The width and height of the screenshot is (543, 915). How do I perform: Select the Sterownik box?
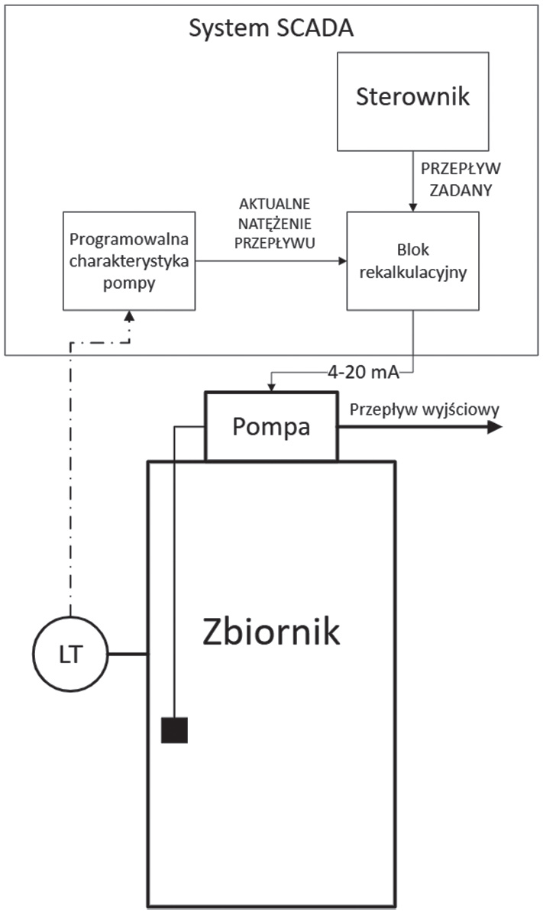(413, 99)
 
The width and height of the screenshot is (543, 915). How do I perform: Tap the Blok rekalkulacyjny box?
(413, 260)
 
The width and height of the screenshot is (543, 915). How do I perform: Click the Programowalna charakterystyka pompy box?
(129, 260)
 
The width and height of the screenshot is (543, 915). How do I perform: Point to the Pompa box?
(271, 426)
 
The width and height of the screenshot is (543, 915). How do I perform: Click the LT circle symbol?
(69, 654)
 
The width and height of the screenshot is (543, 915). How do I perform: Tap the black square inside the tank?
(174, 730)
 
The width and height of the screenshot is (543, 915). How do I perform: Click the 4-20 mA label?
(367, 374)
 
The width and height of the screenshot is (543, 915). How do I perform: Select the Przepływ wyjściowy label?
(425, 409)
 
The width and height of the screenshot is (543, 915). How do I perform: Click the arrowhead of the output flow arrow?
(494, 426)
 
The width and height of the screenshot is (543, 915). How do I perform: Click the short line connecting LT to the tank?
(128, 654)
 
